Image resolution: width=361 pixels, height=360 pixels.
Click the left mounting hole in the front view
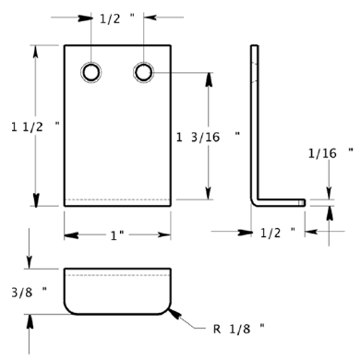click(91, 72)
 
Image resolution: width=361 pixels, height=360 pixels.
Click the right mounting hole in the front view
click(144, 72)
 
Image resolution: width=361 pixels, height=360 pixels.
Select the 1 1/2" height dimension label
click(35, 126)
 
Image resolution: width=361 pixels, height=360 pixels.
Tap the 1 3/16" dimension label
click(208, 137)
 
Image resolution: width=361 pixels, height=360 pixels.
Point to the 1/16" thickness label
click(331, 153)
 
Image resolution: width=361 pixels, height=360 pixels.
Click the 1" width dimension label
click(117, 235)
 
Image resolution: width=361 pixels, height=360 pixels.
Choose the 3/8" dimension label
click(30, 292)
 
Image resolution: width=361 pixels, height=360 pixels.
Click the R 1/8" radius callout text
click(239, 329)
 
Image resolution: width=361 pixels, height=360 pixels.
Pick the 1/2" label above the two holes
click(117, 18)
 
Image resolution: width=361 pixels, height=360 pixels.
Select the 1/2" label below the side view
click(278, 233)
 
